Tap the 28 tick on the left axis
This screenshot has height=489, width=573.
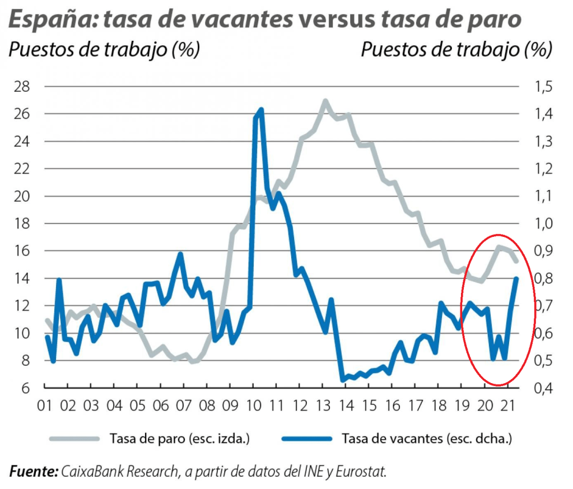(x=22, y=87)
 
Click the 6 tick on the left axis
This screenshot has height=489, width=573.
(x=26, y=388)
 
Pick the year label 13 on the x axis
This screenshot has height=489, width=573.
(x=323, y=405)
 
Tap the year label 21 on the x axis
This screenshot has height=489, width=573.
(x=507, y=405)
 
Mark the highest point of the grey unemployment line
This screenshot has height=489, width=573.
(x=325, y=101)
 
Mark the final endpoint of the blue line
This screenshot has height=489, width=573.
(x=516, y=278)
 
